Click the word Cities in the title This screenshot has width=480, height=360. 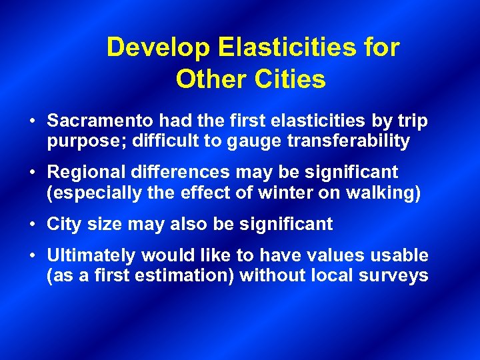pos(289,79)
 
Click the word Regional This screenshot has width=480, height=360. pos(86,173)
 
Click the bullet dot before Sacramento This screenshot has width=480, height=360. pos(33,122)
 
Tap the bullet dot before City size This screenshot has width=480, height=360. pos(33,225)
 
